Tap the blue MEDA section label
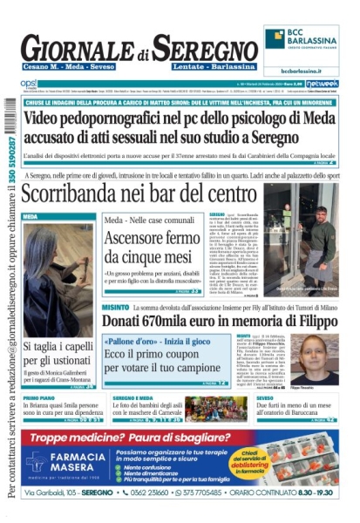(31, 214)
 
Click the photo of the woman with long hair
(56, 279)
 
